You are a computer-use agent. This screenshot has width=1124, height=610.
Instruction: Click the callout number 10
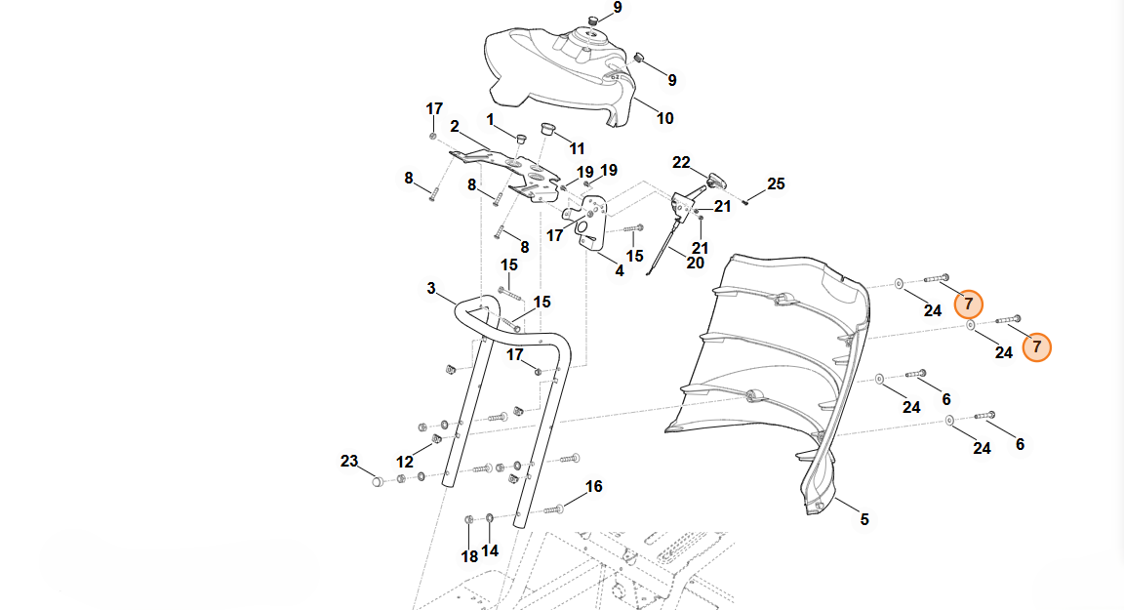(x=664, y=119)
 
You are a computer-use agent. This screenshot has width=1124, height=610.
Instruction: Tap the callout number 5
(x=864, y=520)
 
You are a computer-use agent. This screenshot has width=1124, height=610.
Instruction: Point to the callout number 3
(x=431, y=288)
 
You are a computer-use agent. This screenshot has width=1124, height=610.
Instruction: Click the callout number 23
(x=349, y=461)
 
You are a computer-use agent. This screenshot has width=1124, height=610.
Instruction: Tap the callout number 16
(x=593, y=486)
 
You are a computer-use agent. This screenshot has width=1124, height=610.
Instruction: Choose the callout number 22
(x=681, y=162)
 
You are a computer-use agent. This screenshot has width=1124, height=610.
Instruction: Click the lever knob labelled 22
(x=717, y=179)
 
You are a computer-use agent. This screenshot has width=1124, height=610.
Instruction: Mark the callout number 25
(x=776, y=183)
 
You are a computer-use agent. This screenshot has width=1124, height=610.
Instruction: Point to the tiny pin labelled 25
(x=744, y=202)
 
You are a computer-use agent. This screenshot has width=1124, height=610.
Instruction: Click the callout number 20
(x=695, y=263)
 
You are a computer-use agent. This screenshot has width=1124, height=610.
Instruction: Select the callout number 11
(x=577, y=148)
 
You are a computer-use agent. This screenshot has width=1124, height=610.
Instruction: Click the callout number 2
(x=455, y=126)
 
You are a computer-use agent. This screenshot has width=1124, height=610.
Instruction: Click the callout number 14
(x=490, y=550)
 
